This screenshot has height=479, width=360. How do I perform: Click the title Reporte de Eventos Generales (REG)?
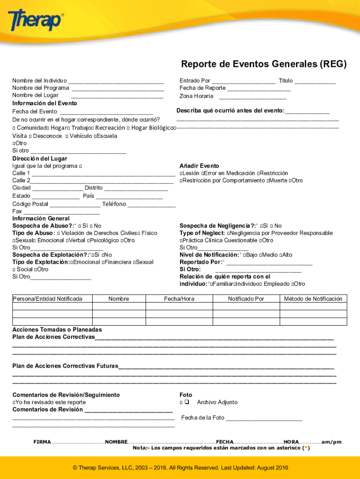coord(264,65)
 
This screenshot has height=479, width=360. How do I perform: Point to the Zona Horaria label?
coord(196,96)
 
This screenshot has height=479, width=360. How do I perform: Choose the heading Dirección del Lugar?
coord(40,159)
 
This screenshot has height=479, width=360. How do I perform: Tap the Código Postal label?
coord(30,204)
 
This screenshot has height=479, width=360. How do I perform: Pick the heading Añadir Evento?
coord(199,166)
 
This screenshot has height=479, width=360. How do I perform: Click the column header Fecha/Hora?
coord(179,299)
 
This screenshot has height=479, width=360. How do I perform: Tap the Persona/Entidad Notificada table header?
coord(48,299)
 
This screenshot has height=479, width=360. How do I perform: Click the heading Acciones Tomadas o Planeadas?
coord(57,330)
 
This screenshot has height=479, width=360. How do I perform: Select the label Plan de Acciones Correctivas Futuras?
coord(65,366)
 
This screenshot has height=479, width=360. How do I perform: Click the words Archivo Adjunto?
coord(217,402)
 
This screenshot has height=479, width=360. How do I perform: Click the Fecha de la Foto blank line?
coord(264,418)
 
